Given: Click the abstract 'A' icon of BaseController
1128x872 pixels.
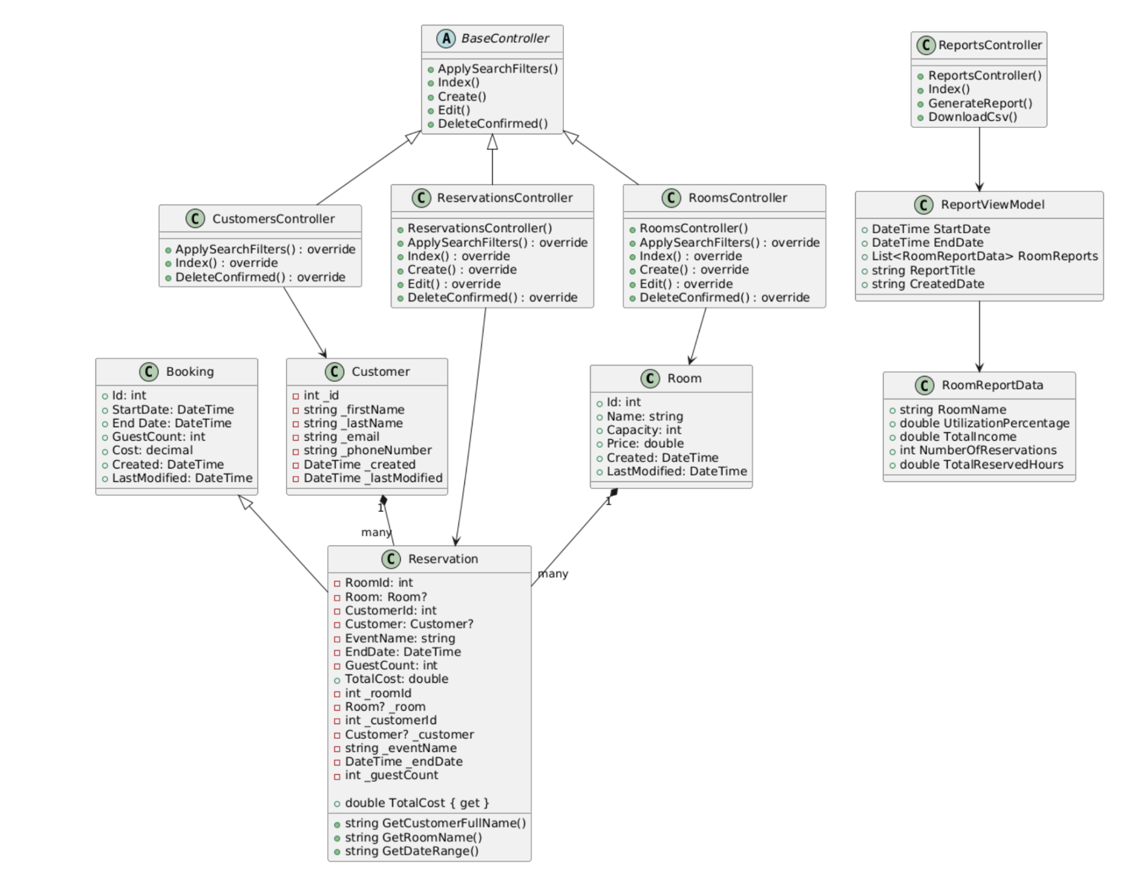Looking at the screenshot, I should click(446, 39).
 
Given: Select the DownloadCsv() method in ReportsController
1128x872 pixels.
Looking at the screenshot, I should click(972, 117).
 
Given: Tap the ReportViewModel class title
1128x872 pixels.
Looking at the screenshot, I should click(992, 205).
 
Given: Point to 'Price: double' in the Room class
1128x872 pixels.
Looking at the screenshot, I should click(645, 444).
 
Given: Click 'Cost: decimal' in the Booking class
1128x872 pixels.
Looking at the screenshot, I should click(152, 451).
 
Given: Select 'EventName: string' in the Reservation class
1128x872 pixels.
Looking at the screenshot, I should click(400, 639).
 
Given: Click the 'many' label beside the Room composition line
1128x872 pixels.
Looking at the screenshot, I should click(553, 574).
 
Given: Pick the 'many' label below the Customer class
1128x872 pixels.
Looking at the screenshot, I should click(376, 533).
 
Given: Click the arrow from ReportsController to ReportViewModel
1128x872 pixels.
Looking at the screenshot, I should click(979, 159).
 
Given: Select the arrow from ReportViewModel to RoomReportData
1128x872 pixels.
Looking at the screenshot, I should click(979, 336).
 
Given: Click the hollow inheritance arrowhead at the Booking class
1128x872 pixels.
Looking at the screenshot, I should click(245, 502).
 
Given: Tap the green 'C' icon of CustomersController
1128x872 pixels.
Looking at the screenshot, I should click(195, 219).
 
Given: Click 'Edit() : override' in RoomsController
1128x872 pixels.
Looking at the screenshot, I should click(685, 284).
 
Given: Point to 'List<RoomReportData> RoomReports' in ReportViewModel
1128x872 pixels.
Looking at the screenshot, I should click(984, 256).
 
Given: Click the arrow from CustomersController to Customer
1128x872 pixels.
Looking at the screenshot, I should click(305, 322).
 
